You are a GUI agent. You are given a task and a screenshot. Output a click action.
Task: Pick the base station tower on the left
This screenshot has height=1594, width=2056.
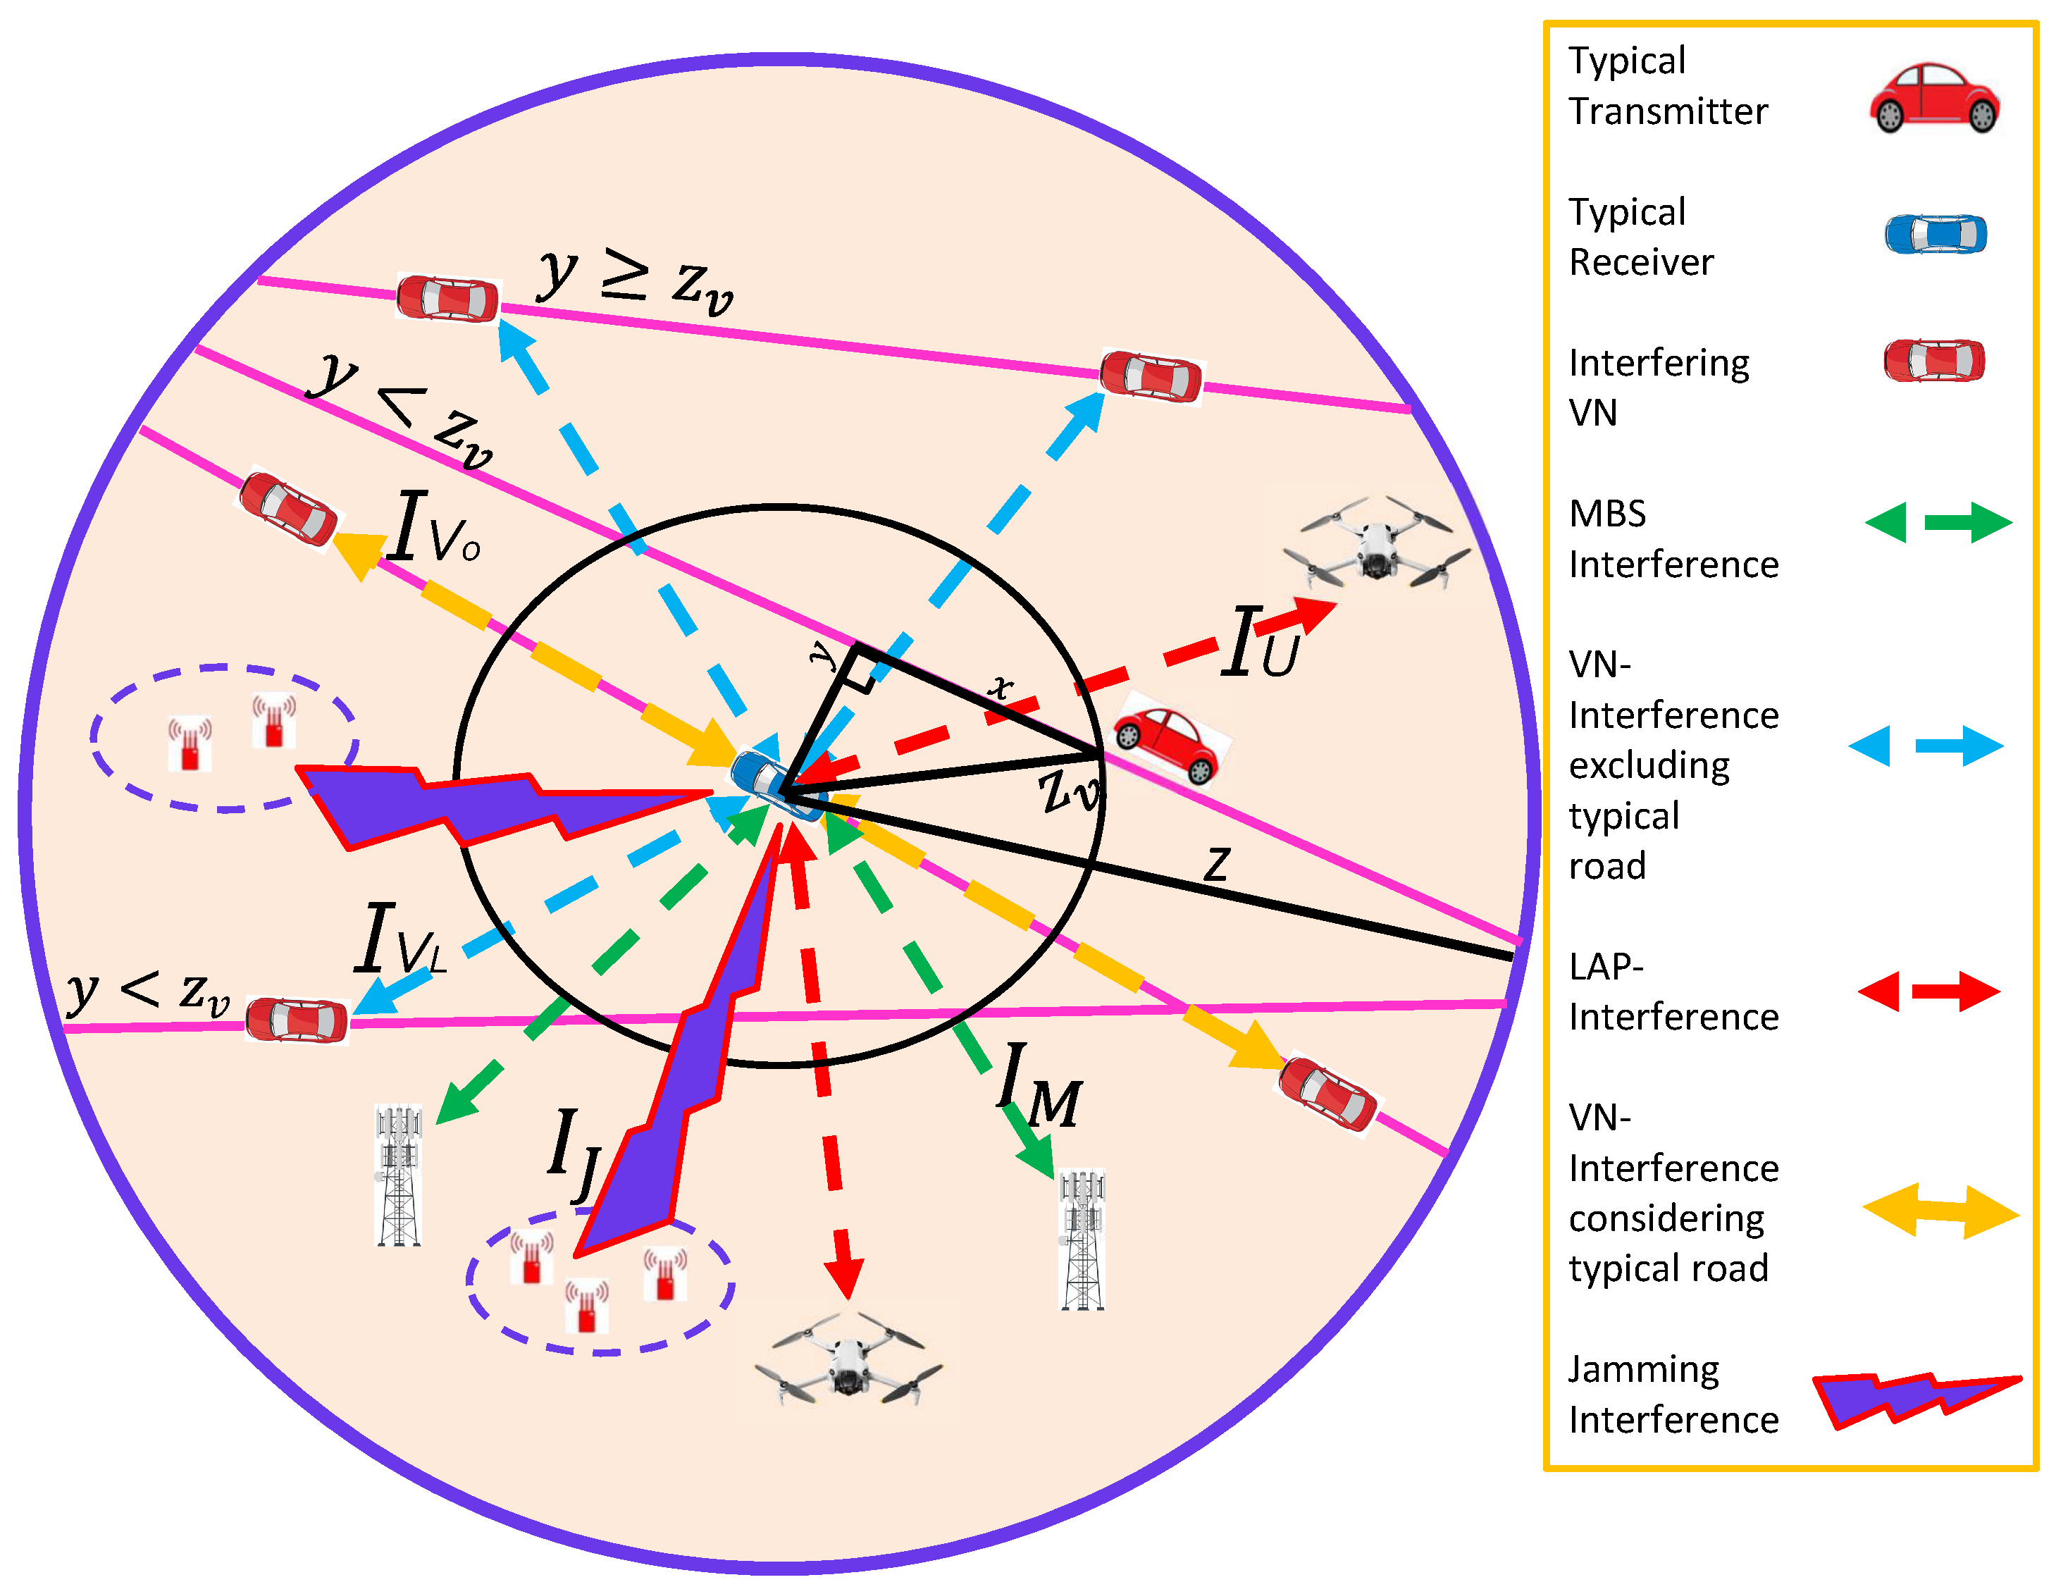[x=398, y=1175]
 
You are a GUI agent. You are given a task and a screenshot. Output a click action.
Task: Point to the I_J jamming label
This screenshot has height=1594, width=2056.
[x=574, y=1154]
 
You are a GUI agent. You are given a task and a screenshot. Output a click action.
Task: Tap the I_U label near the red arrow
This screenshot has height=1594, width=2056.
[x=1261, y=643]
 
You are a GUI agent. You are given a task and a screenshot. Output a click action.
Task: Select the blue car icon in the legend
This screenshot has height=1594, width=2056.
[x=1936, y=233]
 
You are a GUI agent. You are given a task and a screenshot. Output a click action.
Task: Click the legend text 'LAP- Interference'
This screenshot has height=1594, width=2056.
[x=1672, y=991]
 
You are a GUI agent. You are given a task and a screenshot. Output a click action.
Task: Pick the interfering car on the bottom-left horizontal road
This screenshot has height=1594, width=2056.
[x=297, y=1020]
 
